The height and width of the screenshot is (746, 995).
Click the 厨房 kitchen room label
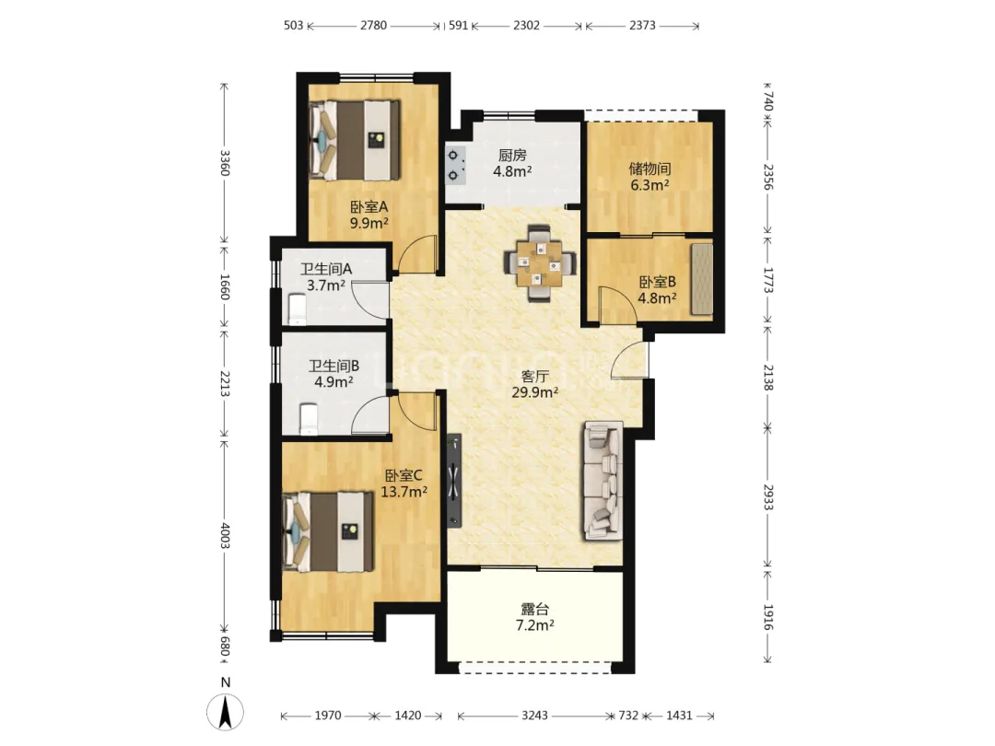[512, 155]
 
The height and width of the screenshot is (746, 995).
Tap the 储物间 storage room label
[650, 169]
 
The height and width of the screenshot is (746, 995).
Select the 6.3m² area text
[650, 185]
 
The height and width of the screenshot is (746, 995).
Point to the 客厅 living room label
[535, 376]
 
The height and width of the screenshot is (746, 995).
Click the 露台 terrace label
[534, 610]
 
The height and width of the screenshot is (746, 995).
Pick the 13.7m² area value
[404, 492]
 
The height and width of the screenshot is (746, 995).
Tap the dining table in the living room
[540, 263]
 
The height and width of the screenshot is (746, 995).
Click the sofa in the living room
[603, 481]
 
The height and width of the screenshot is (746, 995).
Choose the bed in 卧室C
[327, 531]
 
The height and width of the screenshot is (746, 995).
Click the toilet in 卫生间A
[298, 309]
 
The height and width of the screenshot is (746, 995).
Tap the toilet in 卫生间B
[309, 419]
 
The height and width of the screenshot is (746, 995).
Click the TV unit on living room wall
[453, 481]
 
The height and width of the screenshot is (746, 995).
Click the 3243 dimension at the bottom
[534, 716]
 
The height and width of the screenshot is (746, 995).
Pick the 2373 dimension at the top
[642, 26]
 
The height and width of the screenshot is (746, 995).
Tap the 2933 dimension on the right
[767, 497]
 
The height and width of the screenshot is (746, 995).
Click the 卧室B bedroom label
[658, 282]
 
